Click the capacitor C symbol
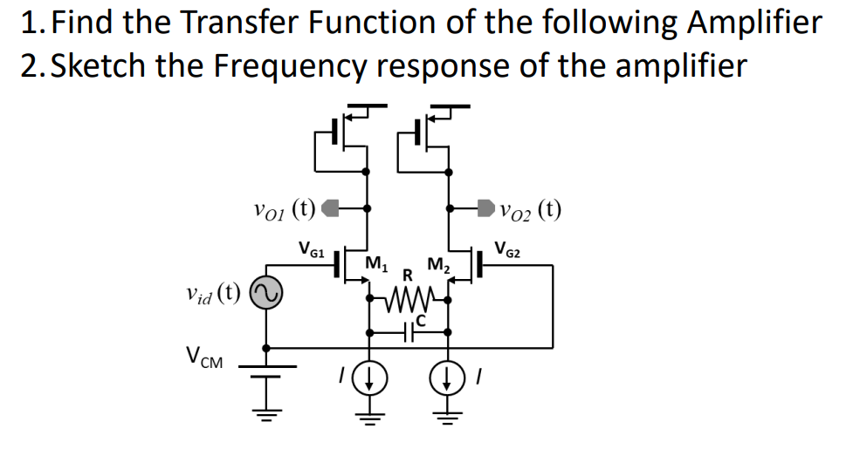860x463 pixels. (x=408, y=332)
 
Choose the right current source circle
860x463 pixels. (x=449, y=377)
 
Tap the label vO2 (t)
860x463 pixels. (x=531, y=209)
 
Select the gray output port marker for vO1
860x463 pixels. (x=330, y=209)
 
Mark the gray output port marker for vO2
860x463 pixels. (x=485, y=209)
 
